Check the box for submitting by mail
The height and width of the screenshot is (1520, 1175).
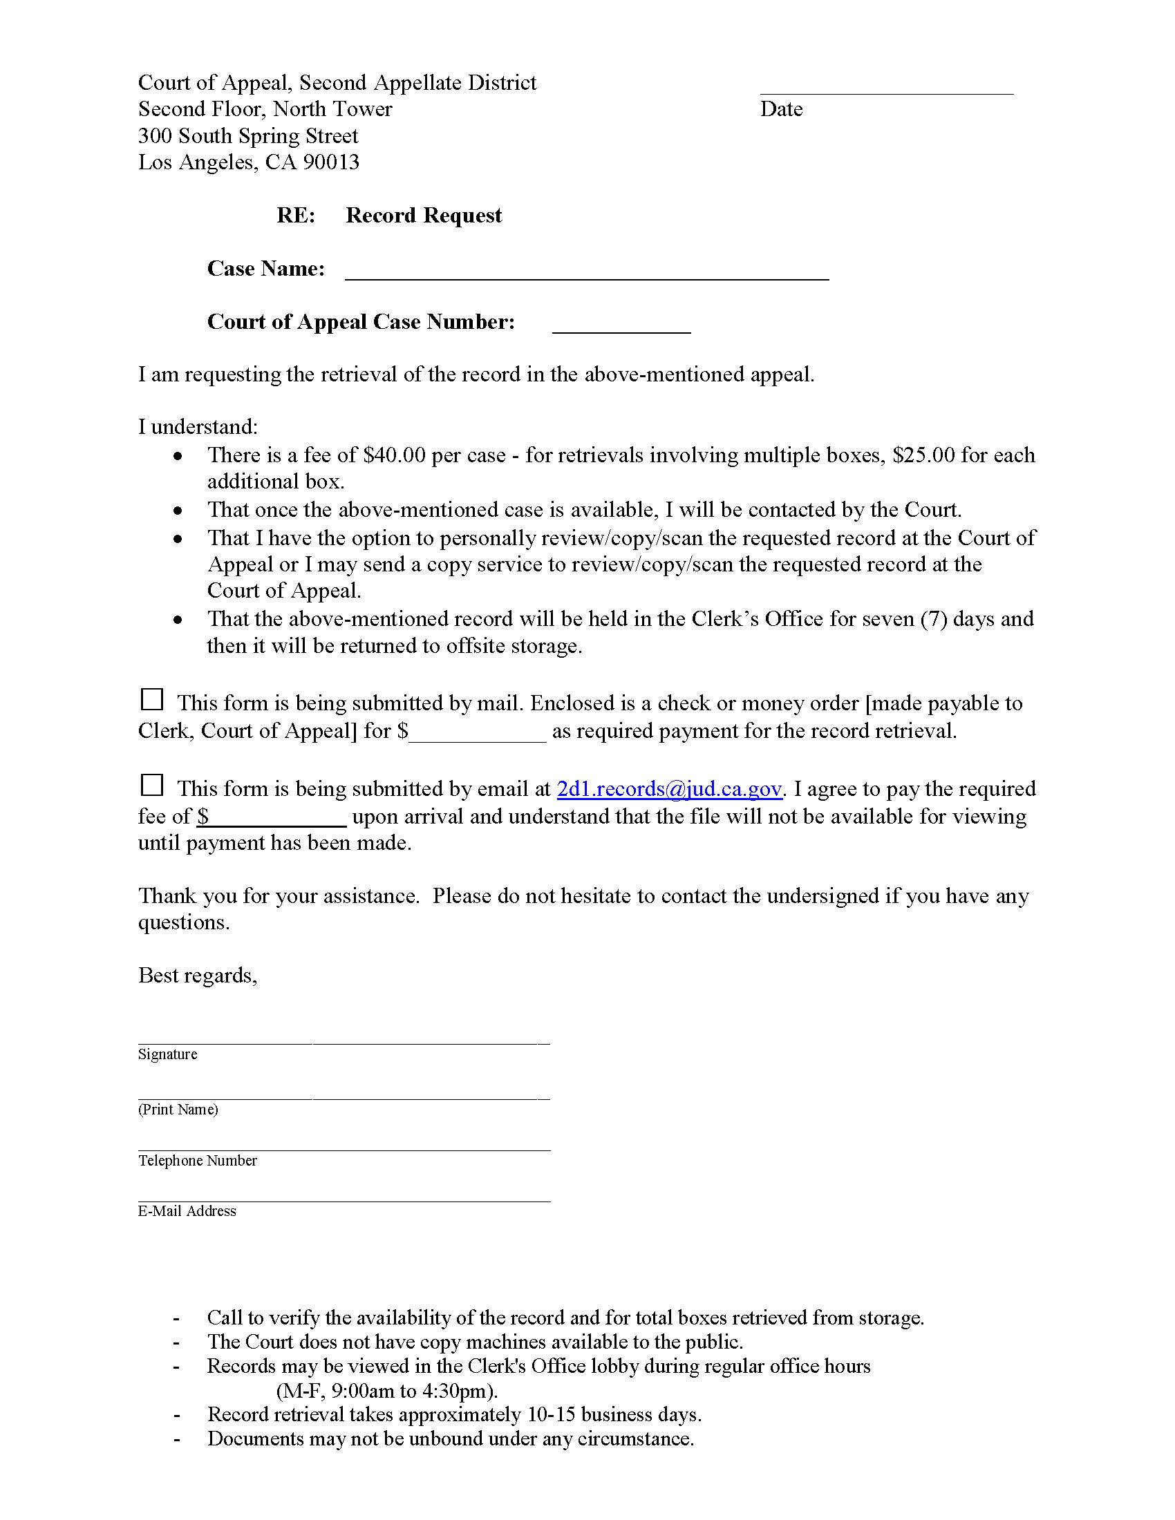pos(152,699)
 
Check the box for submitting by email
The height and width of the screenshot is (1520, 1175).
pos(152,785)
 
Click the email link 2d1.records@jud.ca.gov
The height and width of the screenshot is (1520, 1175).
pos(669,788)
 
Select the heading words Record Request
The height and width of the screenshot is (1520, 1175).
pos(423,216)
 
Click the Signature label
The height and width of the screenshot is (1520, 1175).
pos(168,1054)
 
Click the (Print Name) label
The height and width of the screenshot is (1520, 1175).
pos(178,1110)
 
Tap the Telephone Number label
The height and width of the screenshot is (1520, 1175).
pos(198,1160)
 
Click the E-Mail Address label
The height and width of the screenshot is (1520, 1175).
pos(187,1211)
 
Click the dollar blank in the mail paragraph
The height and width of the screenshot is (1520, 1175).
pos(478,732)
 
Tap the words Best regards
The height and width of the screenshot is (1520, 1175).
pos(197,975)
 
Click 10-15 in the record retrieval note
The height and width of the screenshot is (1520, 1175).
pos(551,1415)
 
